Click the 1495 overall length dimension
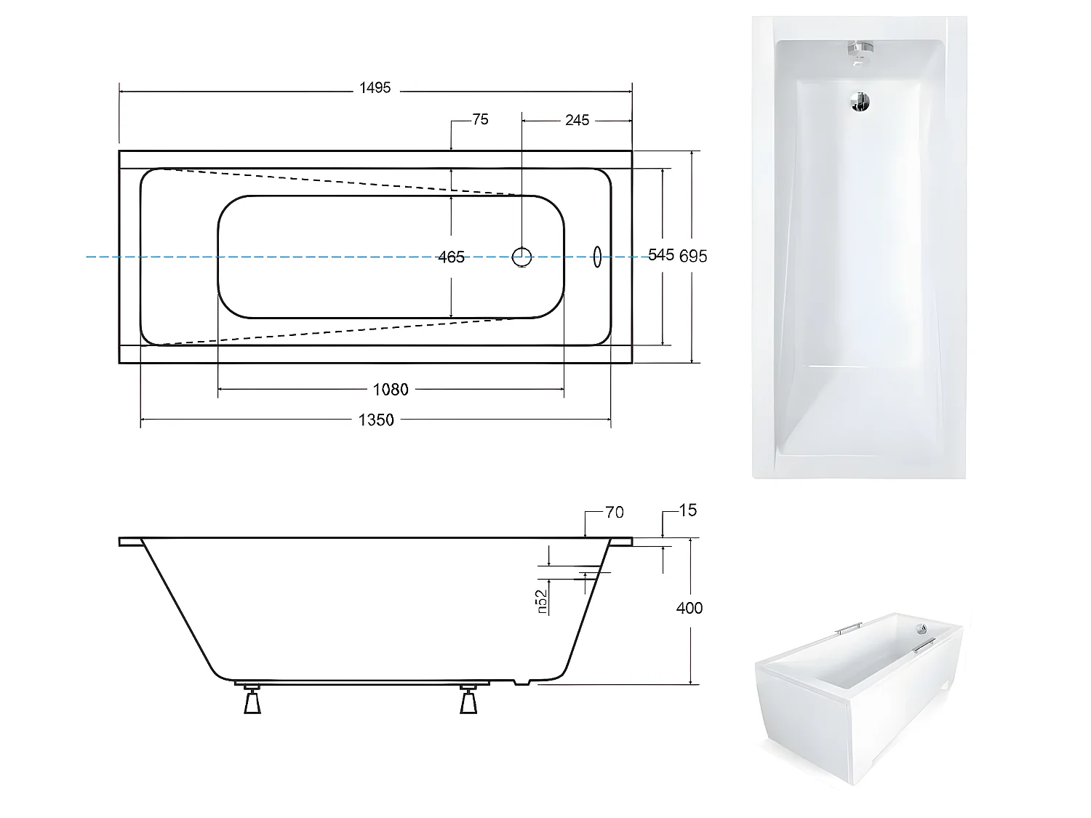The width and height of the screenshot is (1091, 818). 375,88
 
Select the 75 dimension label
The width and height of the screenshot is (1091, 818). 480,120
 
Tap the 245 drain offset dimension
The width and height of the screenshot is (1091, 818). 577,120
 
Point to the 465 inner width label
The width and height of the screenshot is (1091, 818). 451,257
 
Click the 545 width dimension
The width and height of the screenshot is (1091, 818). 661,254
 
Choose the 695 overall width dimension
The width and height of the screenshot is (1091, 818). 693,256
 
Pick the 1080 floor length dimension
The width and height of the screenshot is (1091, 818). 391,390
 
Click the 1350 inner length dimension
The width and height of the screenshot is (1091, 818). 376,420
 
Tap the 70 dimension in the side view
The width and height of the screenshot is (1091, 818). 615,513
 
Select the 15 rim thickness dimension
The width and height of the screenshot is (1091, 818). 687,510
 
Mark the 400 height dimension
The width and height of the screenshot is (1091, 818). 690,608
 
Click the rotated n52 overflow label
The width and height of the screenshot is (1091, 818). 542,602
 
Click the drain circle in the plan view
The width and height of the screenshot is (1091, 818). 522,256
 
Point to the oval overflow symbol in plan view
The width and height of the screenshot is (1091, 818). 598,257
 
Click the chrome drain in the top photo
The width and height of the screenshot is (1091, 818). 860,102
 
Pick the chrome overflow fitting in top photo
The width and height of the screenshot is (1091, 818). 859,52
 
